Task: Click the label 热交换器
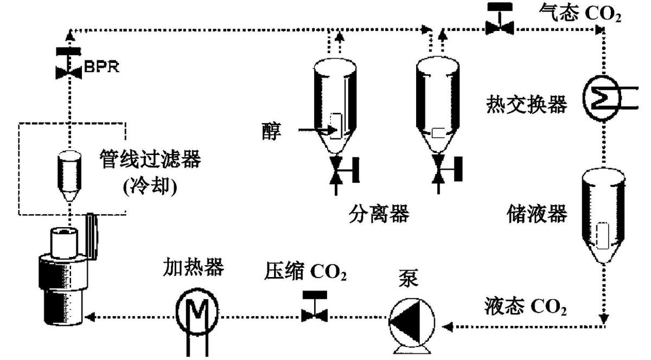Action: point(526,105)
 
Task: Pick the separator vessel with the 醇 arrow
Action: point(337,108)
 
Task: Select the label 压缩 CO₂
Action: point(305,271)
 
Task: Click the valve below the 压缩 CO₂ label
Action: point(314,307)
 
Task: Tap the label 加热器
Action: point(193,267)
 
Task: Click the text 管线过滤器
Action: point(150,160)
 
